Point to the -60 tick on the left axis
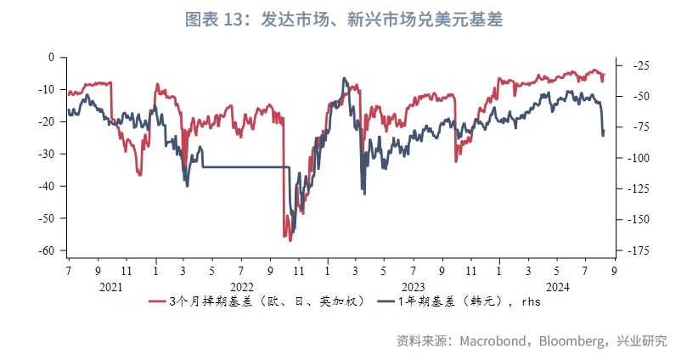point(46,250)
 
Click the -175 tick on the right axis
point(639,250)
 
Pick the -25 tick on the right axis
point(638,65)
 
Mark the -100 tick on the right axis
point(639,158)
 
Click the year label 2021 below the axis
point(111,287)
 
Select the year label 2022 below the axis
point(242,287)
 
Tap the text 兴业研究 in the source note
point(643,341)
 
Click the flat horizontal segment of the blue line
point(246,167)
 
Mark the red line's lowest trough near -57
point(289,239)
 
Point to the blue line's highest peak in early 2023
point(345,78)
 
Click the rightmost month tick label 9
point(614,270)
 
